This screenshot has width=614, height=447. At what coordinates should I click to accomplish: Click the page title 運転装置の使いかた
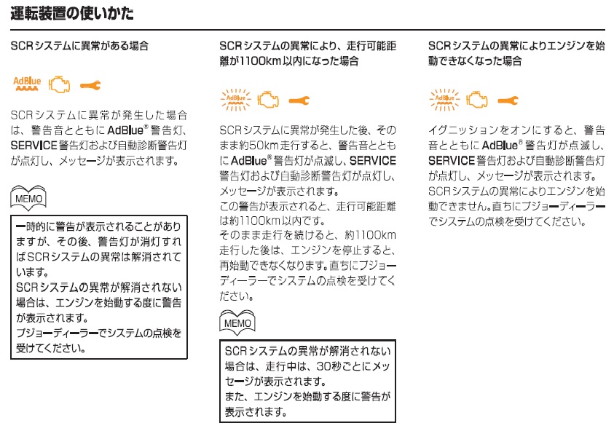click(72, 14)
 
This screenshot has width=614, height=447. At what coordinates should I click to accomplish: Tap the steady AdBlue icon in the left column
click(27, 84)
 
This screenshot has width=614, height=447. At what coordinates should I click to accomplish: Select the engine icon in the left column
click(60, 84)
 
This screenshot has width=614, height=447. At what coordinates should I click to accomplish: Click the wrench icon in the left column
click(90, 85)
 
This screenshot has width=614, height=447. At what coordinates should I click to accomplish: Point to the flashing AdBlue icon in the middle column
click(236, 100)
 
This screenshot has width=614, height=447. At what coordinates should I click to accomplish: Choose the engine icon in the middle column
click(268, 100)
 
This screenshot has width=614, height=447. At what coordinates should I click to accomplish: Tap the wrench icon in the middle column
click(299, 100)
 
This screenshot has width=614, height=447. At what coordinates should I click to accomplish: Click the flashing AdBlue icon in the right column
click(445, 100)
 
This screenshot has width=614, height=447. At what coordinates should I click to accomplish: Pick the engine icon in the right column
click(477, 100)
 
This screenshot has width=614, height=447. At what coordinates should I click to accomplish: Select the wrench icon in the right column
click(508, 100)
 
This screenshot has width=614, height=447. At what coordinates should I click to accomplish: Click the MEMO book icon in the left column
click(28, 198)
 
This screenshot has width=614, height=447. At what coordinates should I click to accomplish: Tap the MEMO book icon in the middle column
click(237, 323)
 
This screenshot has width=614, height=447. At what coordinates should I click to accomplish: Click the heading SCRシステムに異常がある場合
click(79, 46)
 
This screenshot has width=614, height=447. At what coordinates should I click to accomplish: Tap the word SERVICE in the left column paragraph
click(34, 146)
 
